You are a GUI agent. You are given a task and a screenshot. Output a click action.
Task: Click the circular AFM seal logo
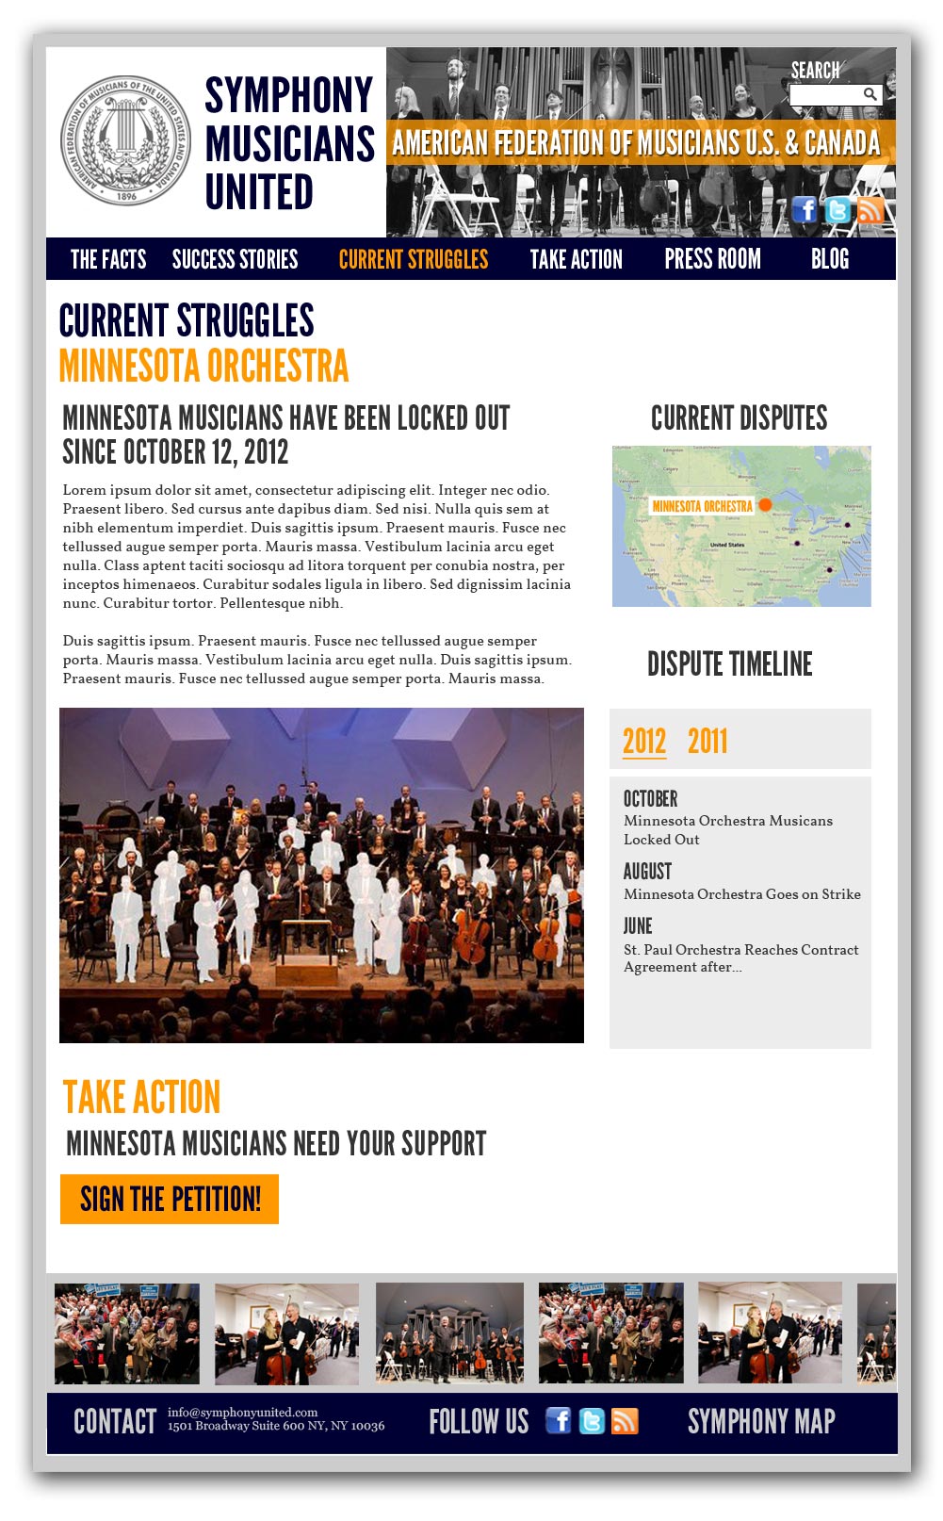pos(126,139)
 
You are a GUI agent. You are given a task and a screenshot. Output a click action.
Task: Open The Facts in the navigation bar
pos(108,259)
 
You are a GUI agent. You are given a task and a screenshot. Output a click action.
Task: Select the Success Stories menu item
pos(235,259)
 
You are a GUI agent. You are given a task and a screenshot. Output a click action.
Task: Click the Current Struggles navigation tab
pos(414,259)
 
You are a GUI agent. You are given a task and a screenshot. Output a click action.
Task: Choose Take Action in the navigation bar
pos(577,259)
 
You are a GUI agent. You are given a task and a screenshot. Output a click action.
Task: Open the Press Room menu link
pos(712,259)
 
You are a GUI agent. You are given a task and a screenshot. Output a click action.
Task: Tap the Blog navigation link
pos(830,259)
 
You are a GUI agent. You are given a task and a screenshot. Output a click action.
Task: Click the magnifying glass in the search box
pos(870,94)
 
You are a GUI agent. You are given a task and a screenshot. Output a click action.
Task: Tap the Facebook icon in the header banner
pos(805,209)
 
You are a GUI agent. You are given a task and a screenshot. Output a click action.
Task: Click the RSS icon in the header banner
pos(870,209)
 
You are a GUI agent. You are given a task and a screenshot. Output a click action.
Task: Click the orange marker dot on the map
pos(765,505)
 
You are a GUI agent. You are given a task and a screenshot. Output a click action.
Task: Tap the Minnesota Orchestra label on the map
pos(703,506)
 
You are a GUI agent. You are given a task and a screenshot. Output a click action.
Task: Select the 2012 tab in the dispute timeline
pos(644,742)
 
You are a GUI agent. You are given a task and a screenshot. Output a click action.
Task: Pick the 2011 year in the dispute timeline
pos(707,742)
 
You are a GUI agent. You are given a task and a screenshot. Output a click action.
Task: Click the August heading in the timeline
pos(647,871)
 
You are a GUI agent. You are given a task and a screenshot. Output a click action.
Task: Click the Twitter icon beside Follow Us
pos(592,1421)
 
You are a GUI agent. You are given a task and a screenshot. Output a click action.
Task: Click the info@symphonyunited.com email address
pos(243,1412)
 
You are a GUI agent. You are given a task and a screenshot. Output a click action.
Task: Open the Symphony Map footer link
pos(761,1421)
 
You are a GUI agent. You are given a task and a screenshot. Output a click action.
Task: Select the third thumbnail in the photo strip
pos(449,1333)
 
